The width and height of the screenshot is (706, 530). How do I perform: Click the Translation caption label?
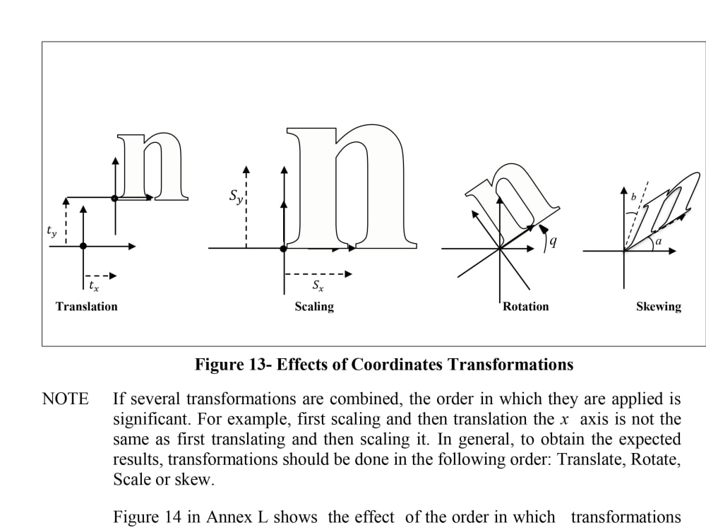point(86,307)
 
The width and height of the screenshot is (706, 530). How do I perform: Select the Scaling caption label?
point(314,307)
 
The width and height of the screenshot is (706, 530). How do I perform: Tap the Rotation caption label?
point(525,307)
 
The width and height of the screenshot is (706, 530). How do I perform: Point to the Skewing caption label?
point(658,307)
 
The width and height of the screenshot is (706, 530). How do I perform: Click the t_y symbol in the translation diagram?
point(52,231)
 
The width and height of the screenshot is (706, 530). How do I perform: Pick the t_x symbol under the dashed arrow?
point(94,285)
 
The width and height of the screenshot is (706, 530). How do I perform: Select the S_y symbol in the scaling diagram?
point(237,196)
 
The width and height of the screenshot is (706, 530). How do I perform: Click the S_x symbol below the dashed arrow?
point(318,285)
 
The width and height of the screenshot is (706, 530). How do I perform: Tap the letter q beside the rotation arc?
point(554,242)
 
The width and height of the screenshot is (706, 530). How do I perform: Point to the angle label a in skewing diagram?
point(658,241)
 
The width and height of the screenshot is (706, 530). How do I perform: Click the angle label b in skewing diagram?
point(633,197)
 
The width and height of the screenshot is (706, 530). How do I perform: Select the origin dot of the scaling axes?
point(283,249)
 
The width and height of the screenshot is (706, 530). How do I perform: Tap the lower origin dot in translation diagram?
point(83,246)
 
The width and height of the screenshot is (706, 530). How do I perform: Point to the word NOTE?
point(65,399)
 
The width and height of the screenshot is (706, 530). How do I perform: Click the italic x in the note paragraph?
point(565,420)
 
